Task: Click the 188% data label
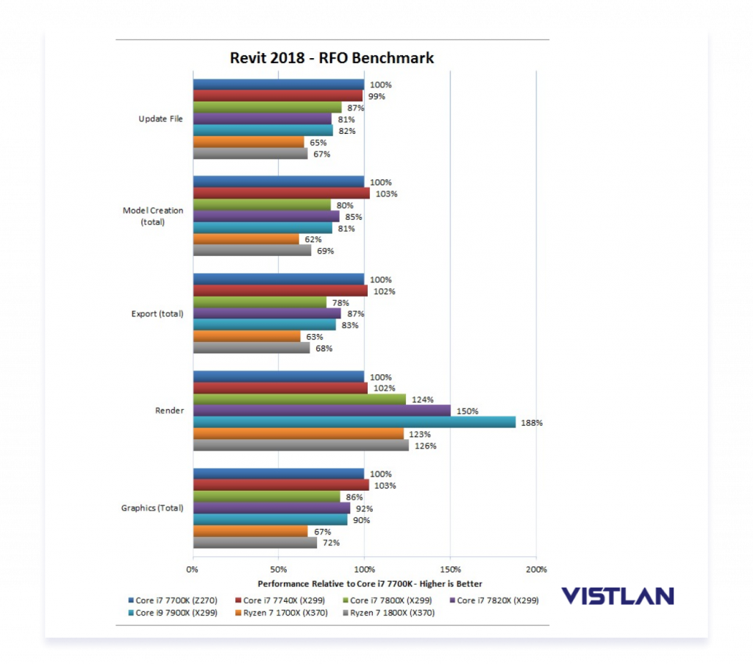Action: (532, 423)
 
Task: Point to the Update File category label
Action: (161, 119)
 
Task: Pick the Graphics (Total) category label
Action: (153, 508)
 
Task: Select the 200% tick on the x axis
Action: (536, 569)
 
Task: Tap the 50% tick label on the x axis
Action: (279, 569)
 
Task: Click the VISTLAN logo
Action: (617, 596)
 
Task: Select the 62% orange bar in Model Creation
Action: (246, 239)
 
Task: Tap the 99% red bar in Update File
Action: (278, 96)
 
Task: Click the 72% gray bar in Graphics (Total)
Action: (254, 543)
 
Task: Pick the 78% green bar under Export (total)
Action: (260, 302)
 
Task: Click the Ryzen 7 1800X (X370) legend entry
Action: (392, 613)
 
